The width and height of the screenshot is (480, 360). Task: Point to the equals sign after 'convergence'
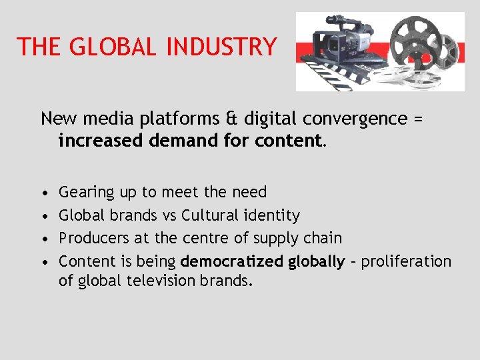tap(417, 119)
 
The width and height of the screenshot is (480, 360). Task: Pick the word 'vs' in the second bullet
tap(169, 215)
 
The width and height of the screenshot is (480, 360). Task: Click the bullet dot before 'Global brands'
tap(44, 216)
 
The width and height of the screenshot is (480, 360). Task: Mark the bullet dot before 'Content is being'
tap(44, 261)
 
